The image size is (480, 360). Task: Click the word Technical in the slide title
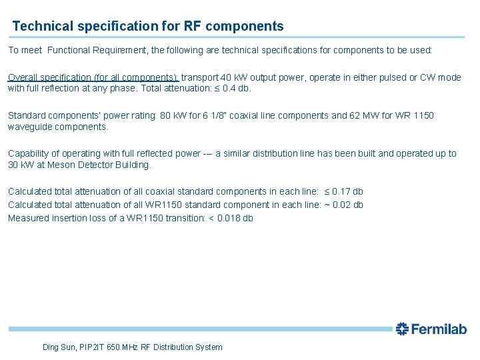41,27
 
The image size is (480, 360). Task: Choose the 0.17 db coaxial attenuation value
348,192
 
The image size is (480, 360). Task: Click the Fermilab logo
431,329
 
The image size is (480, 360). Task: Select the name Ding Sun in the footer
59,347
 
